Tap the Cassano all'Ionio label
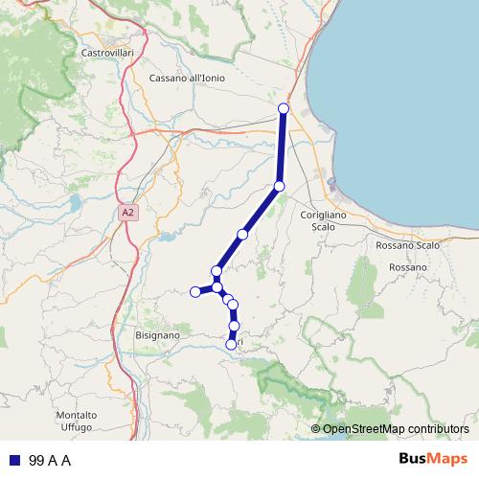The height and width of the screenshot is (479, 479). click(187, 78)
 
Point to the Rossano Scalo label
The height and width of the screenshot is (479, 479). click(408, 245)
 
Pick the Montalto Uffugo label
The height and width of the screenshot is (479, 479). click(77, 421)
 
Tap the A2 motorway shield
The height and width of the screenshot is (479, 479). click(128, 212)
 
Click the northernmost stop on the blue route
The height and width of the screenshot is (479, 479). click(283, 108)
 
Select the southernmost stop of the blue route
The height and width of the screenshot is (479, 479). click(231, 344)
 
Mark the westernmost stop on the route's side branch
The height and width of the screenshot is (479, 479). click(195, 291)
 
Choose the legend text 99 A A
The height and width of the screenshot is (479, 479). click(50, 460)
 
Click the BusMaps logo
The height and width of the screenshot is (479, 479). click(434, 459)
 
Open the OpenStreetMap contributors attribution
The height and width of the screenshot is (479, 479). click(396, 428)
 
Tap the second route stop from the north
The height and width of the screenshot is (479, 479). click(279, 186)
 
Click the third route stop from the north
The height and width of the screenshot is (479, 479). click(243, 234)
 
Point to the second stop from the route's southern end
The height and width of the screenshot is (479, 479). click(235, 327)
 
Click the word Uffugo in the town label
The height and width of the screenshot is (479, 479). click(77, 426)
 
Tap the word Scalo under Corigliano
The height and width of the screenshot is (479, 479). click(324, 227)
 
